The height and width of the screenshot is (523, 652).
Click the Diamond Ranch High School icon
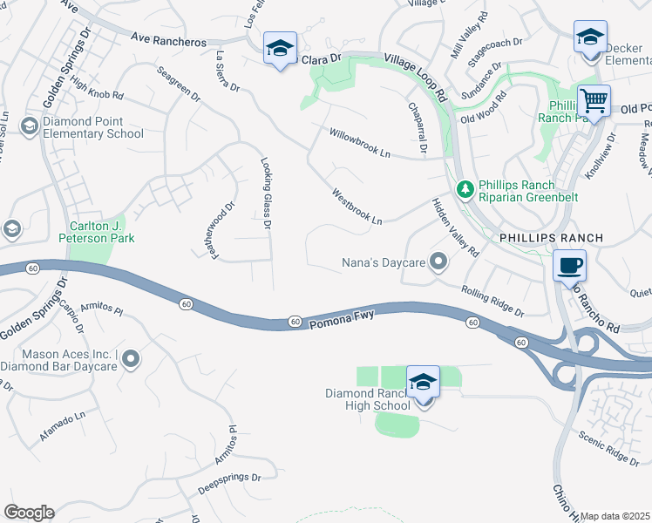point(424,382)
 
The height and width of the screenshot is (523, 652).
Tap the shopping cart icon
point(594,100)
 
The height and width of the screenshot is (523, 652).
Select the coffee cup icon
point(569,265)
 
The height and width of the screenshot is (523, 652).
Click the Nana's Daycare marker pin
point(439,261)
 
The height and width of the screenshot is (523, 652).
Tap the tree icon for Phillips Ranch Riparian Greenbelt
point(465,188)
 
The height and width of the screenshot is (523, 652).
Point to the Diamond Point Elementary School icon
point(29,127)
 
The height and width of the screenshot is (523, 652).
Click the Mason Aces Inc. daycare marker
point(131,358)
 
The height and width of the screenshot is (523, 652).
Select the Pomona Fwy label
point(343,317)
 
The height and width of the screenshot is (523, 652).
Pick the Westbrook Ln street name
point(356,207)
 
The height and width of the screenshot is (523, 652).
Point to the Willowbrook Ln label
point(360,141)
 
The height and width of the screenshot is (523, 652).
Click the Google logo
point(29,513)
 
